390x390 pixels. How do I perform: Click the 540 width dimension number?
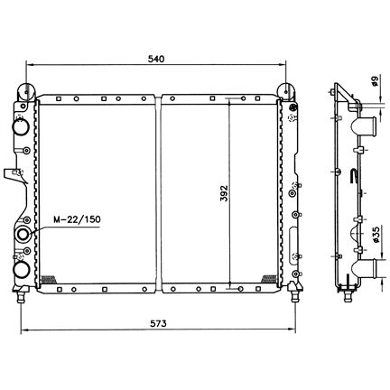156,59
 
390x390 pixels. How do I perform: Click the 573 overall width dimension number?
158,324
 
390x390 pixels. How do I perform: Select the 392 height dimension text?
225,193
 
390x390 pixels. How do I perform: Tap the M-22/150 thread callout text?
77,219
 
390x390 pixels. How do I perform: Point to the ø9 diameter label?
375,81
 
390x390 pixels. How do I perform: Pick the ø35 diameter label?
376,235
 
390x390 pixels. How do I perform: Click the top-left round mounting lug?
26,91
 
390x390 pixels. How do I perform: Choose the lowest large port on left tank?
21,269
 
